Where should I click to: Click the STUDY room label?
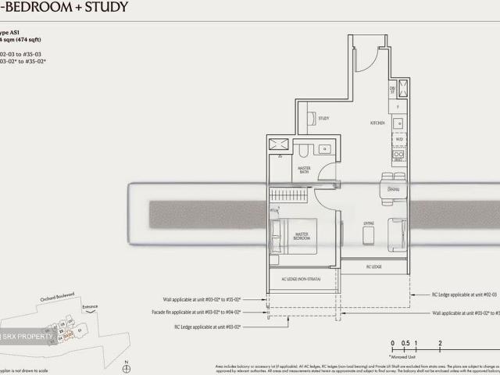click(323, 119)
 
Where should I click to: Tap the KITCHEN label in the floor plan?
click(378, 123)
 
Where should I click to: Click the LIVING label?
click(369, 223)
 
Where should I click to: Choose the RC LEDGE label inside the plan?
click(374, 267)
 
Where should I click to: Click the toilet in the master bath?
click(306, 149)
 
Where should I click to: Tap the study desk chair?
click(311, 120)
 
